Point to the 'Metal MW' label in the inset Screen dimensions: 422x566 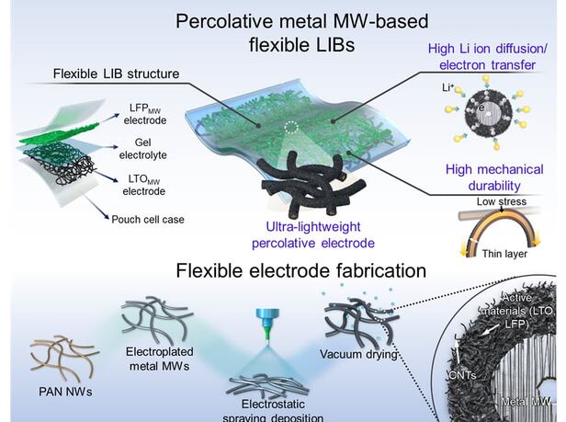[x=531, y=403]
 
